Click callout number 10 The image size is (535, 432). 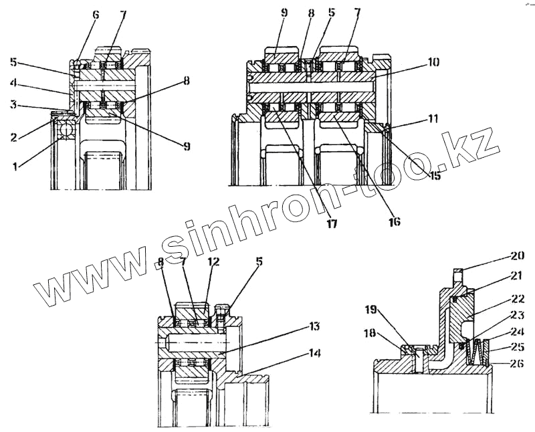coord(433,62)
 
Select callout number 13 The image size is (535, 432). coord(314,326)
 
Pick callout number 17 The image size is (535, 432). coord(332,224)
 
